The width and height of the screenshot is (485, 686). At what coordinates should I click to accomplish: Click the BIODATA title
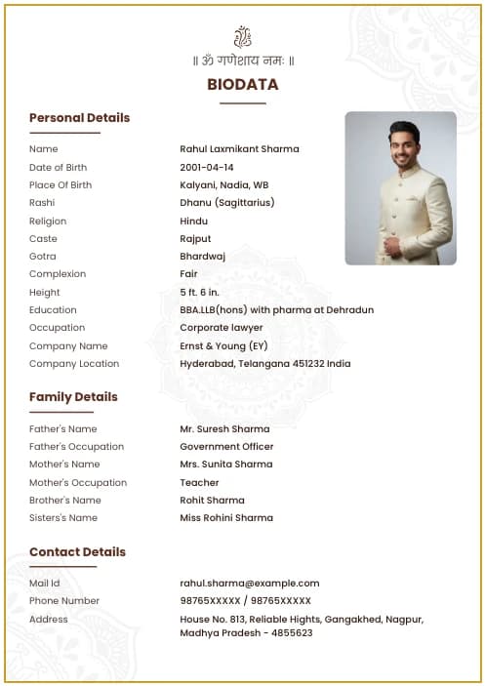click(x=242, y=85)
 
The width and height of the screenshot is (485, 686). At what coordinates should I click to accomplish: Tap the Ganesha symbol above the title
click(x=242, y=38)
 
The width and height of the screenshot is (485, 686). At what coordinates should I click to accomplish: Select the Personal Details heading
click(x=79, y=118)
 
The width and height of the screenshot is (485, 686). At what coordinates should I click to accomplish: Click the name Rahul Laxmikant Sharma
click(x=239, y=149)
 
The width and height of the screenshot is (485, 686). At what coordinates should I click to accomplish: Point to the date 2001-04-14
click(x=207, y=167)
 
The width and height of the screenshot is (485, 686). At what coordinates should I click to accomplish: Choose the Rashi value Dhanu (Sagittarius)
click(x=226, y=203)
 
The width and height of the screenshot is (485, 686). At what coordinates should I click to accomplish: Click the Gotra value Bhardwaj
click(x=202, y=257)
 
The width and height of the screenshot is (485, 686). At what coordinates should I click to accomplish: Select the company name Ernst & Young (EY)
click(x=223, y=346)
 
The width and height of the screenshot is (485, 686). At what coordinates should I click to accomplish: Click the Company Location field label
click(x=74, y=364)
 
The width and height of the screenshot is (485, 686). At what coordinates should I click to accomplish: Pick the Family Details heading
click(x=73, y=397)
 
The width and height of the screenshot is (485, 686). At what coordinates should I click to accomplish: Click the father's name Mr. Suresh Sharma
click(x=224, y=429)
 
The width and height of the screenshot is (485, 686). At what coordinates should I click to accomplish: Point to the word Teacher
click(x=199, y=483)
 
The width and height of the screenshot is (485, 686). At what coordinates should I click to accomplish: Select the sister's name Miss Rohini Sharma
click(x=226, y=518)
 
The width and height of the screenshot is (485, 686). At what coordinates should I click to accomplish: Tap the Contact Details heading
click(x=77, y=552)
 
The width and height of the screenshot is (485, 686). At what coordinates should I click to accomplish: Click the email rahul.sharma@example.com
click(x=250, y=584)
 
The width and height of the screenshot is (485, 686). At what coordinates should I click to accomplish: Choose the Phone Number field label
click(x=64, y=601)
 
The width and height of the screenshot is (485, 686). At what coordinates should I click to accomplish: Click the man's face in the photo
click(x=404, y=143)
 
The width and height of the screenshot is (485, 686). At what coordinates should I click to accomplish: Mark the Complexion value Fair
click(x=188, y=274)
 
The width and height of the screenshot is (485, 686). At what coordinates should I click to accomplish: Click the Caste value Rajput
click(x=195, y=239)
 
